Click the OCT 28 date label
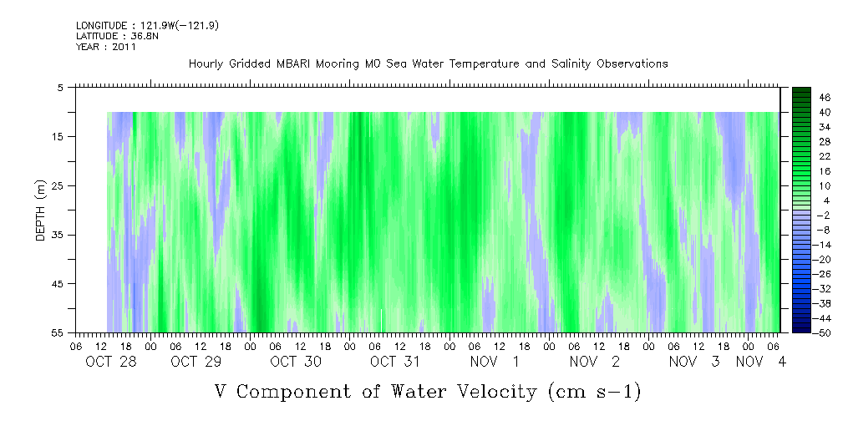(x=111, y=362)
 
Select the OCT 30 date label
(x=296, y=362)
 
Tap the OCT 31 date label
(x=396, y=362)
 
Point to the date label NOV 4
(x=761, y=362)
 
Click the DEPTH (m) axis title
(x=41, y=210)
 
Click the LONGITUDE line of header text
(x=147, y=25)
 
